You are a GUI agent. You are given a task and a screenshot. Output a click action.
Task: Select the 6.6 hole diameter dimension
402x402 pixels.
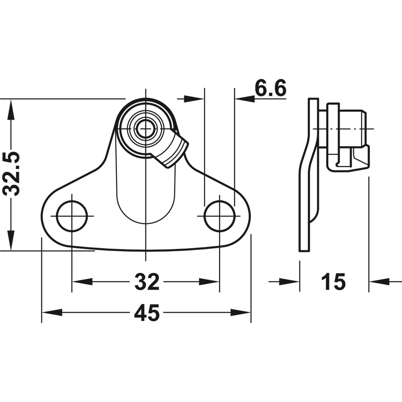click(270, 90)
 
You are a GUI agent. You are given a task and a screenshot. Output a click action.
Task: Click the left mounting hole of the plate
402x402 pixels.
click(72, 216)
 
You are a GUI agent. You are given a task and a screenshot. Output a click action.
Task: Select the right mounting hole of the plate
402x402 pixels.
click(220, 216)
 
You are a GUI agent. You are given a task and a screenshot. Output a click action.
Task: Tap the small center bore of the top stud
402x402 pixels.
click(145, 129)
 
